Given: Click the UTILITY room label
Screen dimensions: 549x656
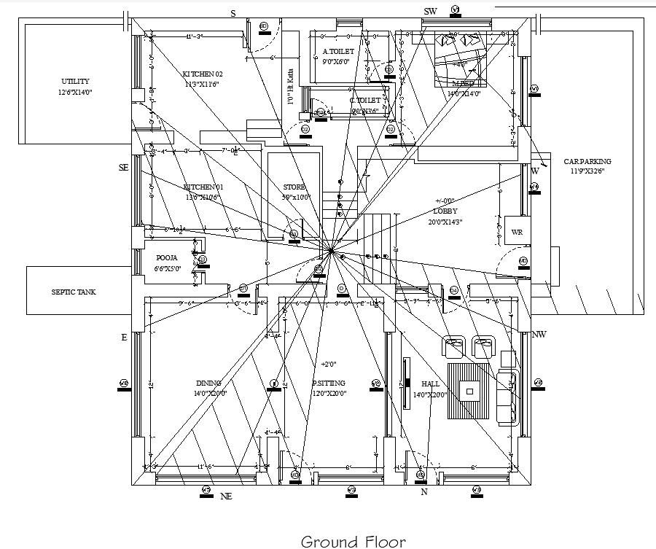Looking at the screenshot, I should (75, 82).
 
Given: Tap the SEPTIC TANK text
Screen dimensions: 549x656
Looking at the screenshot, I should (73, 292).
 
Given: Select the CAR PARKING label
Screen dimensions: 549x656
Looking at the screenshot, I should (587, 162).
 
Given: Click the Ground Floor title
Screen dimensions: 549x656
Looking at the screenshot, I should (353, 541).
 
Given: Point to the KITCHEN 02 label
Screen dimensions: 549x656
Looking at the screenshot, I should (202, 74).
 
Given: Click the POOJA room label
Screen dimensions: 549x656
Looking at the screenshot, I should (167, 258).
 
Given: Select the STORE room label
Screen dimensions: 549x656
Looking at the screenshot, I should (294, 187).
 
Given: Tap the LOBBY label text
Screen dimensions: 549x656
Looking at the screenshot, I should (445, 211).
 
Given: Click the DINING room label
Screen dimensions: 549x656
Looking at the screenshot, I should (208, 383).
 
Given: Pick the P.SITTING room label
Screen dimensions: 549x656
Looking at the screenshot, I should (329, 383).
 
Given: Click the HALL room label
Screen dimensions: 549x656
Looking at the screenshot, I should (430, 384).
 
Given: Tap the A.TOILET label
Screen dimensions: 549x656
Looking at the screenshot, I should (338, 52).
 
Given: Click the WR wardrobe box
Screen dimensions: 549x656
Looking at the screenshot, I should (517, 232).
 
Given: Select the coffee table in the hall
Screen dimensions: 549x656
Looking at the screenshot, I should (469, 391).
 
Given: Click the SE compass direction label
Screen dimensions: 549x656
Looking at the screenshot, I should (123, 168).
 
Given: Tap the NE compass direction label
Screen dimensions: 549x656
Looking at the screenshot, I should (226, 497).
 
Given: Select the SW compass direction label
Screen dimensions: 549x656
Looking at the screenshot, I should (430, 12).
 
